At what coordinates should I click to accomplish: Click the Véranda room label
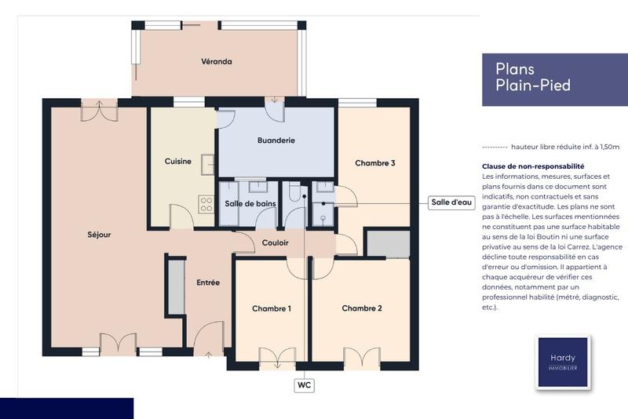click(216, 61)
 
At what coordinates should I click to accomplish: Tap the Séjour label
click(99, 234)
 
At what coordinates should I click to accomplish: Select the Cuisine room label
click(177, 162)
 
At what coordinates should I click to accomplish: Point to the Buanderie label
click(276, 140)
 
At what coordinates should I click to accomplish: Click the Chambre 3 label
click(374, 163)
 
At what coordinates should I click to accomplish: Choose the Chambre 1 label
click(272, 308)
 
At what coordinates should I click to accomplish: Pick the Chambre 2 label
click(362, 308)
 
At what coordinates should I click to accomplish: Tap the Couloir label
click(275, 242)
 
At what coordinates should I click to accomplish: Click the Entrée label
click(208, 282)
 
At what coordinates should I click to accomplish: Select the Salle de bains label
click(250, 204)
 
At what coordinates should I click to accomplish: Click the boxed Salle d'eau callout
click(451, 202)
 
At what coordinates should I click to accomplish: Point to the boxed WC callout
click(304, 385)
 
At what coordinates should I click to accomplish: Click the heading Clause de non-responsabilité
click(533, 166)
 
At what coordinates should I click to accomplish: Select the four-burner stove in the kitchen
click(206, 204)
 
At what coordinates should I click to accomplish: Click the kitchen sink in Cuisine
click(207, 164)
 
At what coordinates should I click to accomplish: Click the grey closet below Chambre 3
click(389, 245)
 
